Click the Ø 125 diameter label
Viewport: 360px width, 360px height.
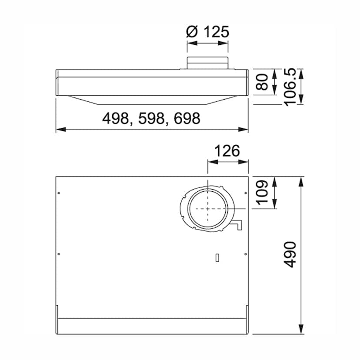207,32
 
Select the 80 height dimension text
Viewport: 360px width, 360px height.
262,81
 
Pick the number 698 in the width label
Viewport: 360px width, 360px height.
186,118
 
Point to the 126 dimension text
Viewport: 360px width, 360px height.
227,151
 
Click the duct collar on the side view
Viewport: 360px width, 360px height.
207,63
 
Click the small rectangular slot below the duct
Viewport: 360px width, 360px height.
217,258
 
